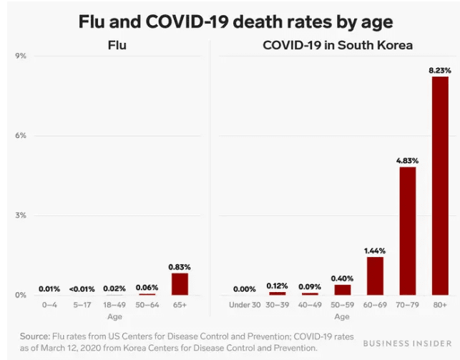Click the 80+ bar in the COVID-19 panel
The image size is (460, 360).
click(439, 185)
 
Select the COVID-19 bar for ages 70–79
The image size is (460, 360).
click(407, 230)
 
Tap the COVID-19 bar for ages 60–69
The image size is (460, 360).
click(375, 276)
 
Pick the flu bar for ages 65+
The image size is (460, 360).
click(180, 284)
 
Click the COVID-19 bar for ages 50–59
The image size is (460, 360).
click(343, 289)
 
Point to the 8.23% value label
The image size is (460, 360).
click(439, 70)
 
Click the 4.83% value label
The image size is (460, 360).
click(407, 161)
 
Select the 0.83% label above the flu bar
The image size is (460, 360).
click(180, 267)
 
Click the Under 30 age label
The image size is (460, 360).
click(244, 305)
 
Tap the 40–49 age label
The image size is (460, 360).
click(310, 305)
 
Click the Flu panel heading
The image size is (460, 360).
click(117, 45)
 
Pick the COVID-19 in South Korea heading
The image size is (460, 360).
click(338, 45)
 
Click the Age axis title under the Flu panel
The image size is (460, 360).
click(115, 316)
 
